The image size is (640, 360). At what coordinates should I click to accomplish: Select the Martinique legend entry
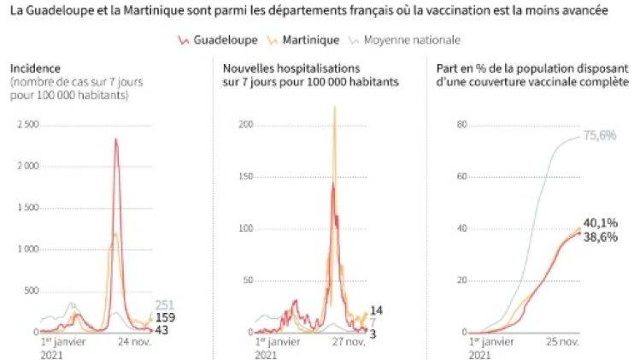(x=299, y=40)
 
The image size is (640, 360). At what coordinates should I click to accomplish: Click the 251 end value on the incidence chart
(x=165, y=305)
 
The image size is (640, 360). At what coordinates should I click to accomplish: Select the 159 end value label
(x=165, y=317)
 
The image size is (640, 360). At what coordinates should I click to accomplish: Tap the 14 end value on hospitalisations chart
(x=375, y=310)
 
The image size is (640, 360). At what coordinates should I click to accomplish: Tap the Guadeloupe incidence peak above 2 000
(x=115, y=140)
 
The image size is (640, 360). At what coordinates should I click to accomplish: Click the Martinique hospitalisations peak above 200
(x=334, y=108)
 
